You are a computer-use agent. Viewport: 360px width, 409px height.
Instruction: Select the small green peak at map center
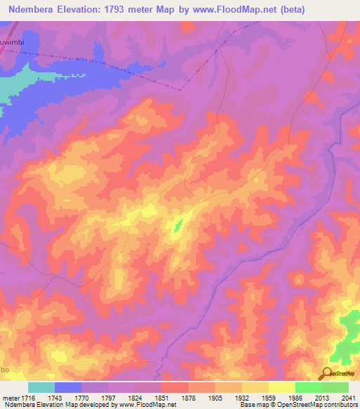point(177,225)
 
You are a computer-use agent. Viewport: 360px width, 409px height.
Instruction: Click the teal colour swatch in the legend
point(41,387)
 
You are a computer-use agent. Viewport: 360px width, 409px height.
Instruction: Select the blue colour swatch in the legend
point(68,387)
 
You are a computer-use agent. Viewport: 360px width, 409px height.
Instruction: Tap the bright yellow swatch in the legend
point(282,387)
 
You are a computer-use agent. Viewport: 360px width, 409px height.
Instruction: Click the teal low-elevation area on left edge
point(14,84)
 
